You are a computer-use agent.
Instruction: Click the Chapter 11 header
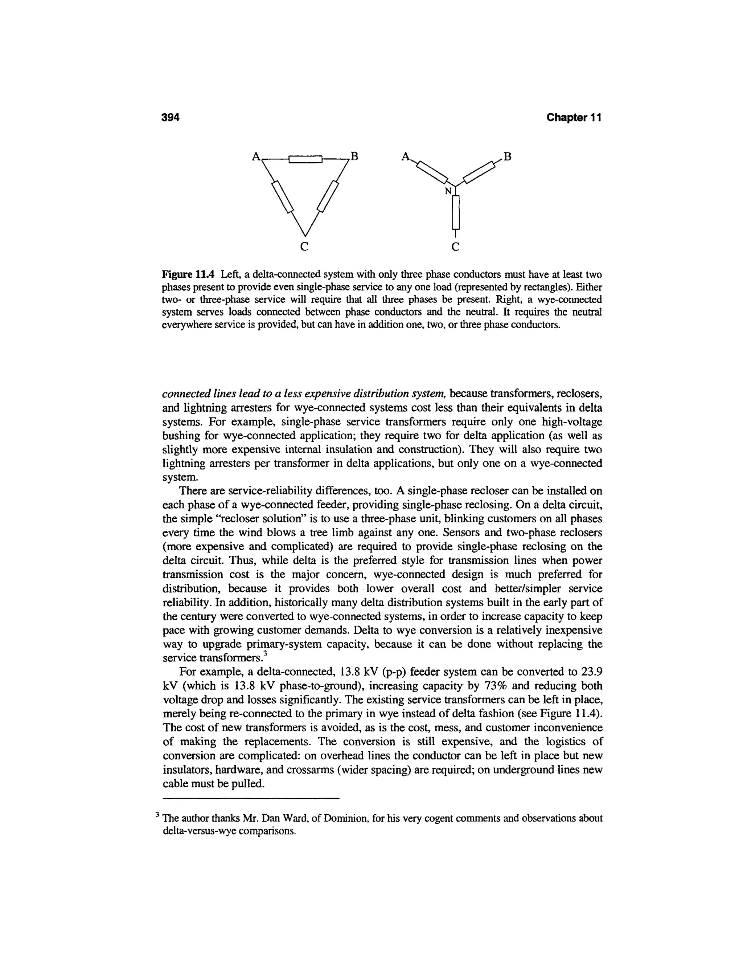[573, 118]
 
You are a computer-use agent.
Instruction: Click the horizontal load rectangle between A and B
[305, 159]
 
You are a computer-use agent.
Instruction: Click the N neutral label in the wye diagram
[448, 191]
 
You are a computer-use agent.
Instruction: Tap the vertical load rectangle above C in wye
[456, 212]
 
